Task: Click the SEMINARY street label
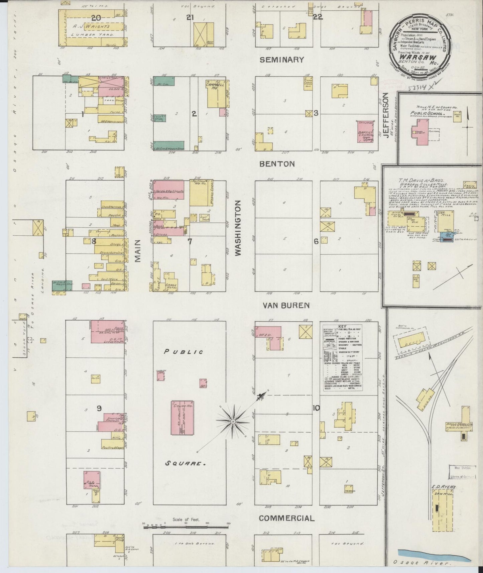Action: click(282, 60)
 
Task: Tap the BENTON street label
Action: click(277, 164)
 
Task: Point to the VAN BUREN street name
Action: click(286, 305)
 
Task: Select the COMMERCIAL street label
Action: click(286, 518)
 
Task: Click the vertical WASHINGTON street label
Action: click(238, 228)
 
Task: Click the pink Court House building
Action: click(183, 418)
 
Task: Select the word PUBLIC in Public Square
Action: click(184, 352)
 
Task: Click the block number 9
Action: click(99, 408)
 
